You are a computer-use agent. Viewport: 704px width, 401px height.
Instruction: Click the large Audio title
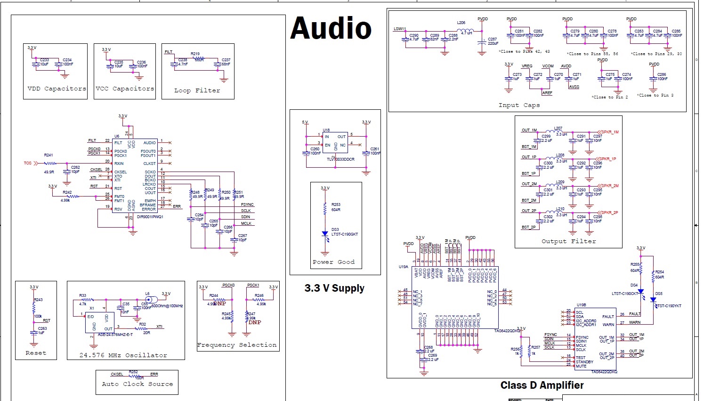point(331,28)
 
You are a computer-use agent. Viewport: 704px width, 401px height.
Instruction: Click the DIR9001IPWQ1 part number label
point(150,217)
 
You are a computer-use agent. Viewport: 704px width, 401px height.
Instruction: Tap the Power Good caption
point(333,262)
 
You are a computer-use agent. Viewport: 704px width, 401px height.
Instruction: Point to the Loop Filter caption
point(197,90)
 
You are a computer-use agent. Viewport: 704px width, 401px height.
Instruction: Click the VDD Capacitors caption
point(57,89)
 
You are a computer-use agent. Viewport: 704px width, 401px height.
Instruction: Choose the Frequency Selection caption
point(237,345)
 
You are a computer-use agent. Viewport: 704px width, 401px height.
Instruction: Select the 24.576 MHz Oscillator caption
point(123,355)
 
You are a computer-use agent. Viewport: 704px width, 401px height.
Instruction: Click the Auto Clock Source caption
point(137,384)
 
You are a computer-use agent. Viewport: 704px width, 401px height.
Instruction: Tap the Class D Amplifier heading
point(542,385)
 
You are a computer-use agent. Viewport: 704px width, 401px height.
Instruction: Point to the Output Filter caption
point(568,241)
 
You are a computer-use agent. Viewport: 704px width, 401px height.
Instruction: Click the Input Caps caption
point(519,105)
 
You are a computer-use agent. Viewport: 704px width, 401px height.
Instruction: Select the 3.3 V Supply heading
point(334,288)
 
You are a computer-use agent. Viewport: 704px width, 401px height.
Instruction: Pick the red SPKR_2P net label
point(608,213)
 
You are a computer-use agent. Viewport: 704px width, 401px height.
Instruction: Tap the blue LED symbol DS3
point(324,234)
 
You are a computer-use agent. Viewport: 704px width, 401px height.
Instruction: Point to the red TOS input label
point(28,163)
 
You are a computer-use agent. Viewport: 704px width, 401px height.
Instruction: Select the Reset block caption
point(36,353)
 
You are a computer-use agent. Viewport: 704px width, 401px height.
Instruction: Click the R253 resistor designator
point(336,205)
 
